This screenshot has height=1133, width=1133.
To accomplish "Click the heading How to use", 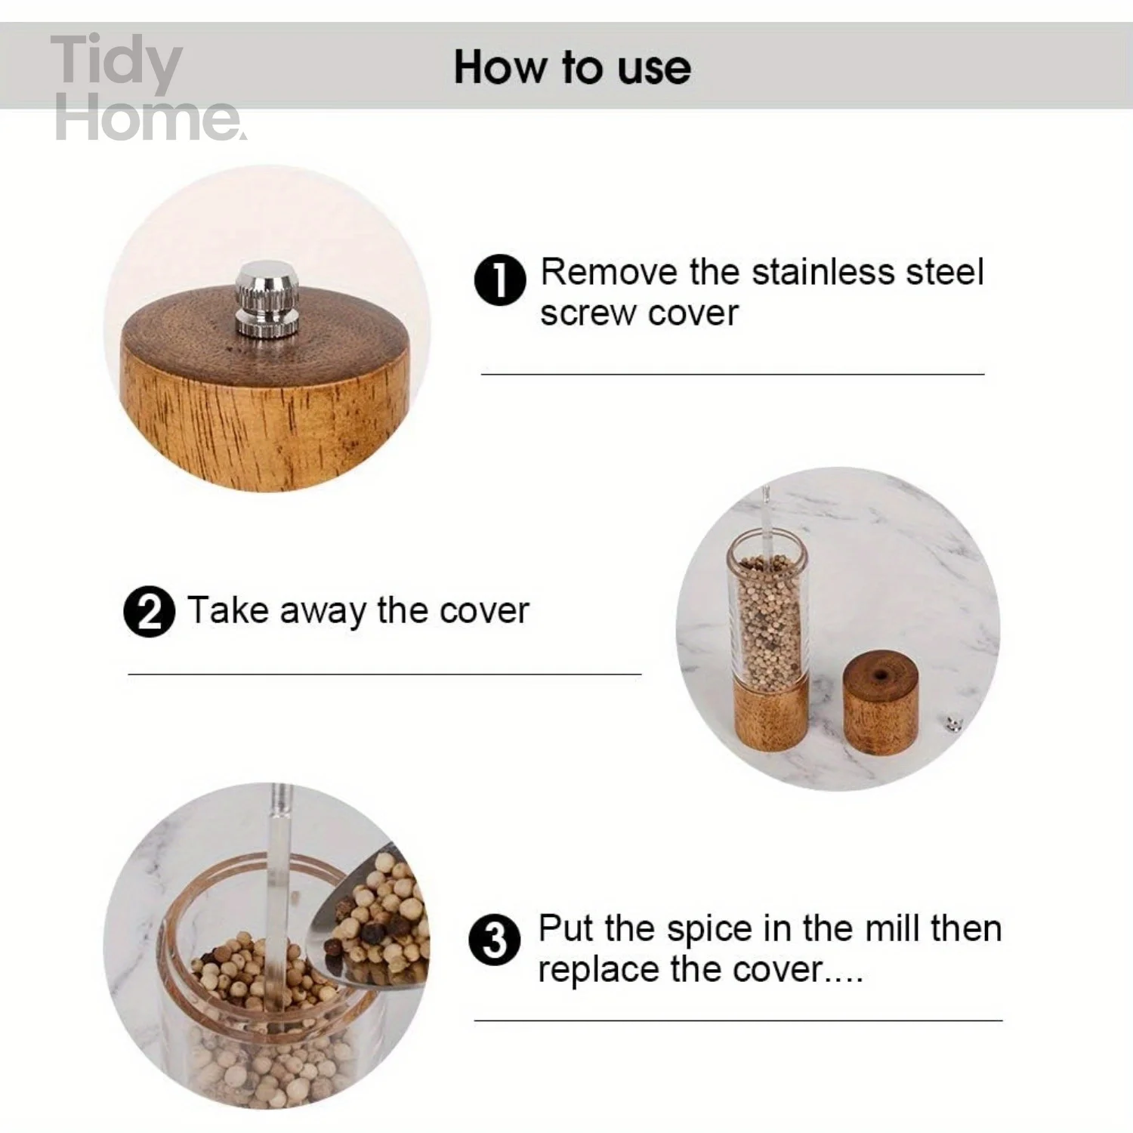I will tap(572, 67).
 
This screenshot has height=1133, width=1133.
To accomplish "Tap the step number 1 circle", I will tap(499, 279).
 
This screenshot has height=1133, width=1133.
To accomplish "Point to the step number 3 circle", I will tap(494, 940).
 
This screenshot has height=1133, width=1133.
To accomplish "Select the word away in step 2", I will tap(323, 611).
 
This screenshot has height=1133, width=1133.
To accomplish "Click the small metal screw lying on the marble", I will tap(954, 726).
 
